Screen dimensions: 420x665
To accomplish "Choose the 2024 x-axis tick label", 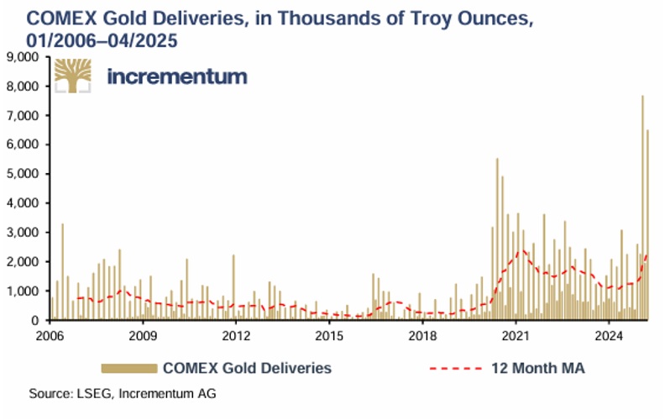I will [607, 336].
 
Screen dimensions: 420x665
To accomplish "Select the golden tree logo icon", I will [73, 76].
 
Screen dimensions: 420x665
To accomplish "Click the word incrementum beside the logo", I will [177, 76].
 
